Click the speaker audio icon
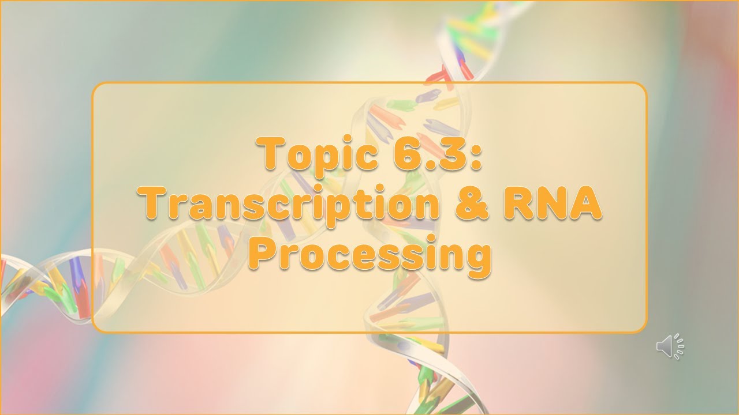tap(670, 346)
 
